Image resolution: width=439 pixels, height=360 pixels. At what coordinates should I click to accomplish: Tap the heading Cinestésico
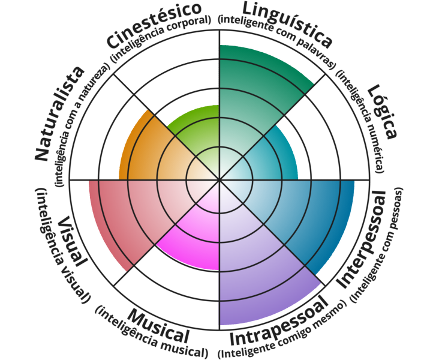[154, 26]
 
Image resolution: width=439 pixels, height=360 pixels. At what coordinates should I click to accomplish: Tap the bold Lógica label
[382, 112]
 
